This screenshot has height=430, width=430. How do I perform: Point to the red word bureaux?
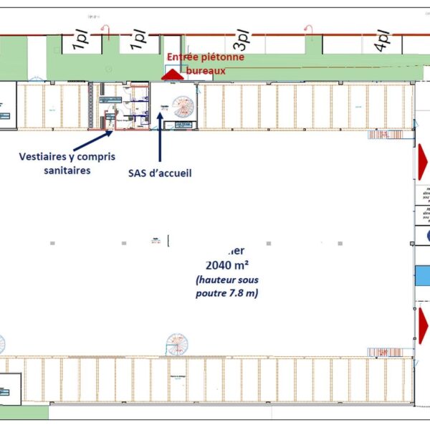tap(206, 70)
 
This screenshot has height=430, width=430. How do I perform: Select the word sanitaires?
tap(67, 171)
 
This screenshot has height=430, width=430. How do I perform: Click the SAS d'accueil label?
tap(160, 173)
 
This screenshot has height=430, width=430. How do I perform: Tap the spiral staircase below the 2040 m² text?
tap(177, 343)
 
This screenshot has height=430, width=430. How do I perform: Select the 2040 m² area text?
tap(226, 263)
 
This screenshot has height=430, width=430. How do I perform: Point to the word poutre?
tap(213, 293)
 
